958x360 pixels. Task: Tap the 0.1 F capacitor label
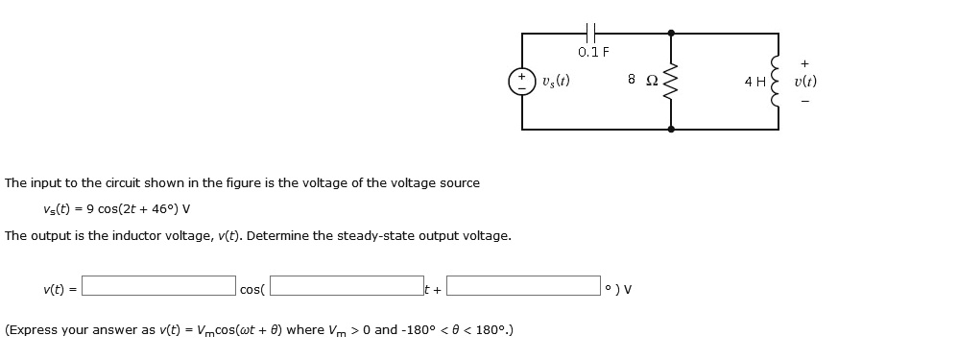coord(594,52)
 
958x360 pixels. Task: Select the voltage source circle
coord(522,82)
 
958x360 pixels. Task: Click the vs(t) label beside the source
coord(556,81)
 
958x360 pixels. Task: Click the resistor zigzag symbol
coord(671,81)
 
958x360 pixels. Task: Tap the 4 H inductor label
coord(754,82)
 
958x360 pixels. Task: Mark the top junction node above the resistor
coord(671,33)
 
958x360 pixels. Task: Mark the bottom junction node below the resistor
coord(671,129)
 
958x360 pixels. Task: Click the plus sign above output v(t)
coord(804,62)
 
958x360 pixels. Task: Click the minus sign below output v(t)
coord(804,100)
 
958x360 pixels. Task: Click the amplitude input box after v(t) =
coord(158,286)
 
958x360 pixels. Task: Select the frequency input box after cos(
coord(347,286)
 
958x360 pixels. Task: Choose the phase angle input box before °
coord(523,286)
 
